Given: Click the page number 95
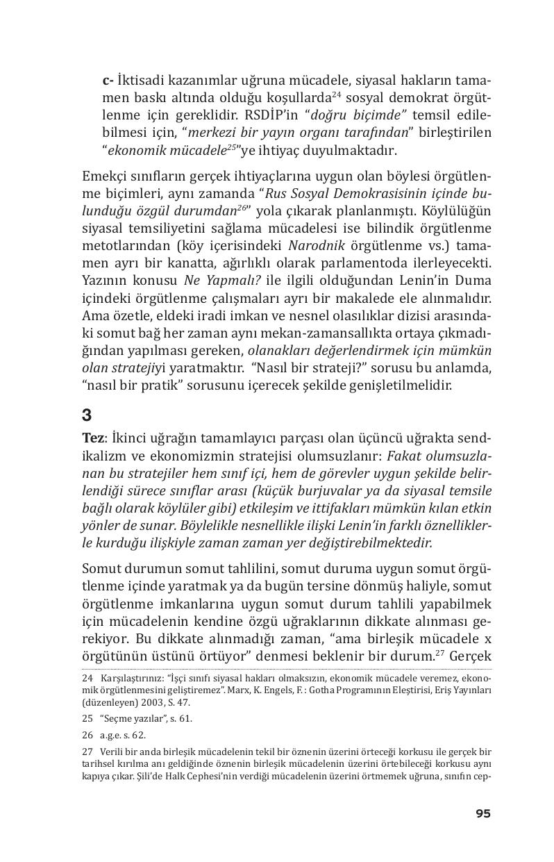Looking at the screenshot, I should coord(482,813).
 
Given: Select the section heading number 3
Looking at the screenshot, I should coord(87,415).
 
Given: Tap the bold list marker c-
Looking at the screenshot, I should coord(108,78).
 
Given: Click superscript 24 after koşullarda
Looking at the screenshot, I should coord(335,94).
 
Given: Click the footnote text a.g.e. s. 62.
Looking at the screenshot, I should coord(123,735).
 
